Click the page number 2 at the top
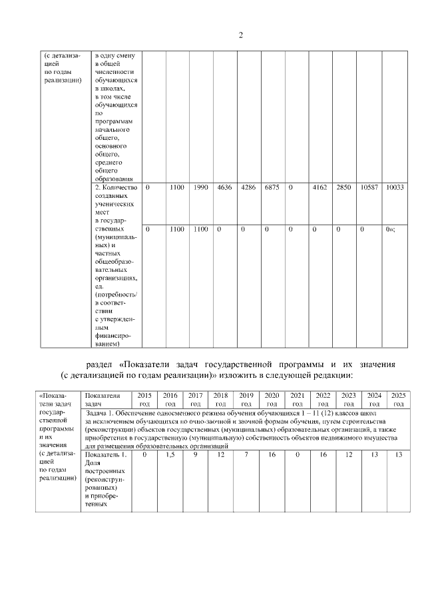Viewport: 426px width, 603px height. coord(240,35)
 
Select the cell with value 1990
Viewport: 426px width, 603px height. coord(201,189)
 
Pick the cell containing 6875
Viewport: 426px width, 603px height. coord(272,189)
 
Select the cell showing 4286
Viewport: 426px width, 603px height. coord(248,189)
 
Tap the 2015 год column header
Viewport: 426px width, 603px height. coord(144,400)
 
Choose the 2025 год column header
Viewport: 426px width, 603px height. coord(399,400)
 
